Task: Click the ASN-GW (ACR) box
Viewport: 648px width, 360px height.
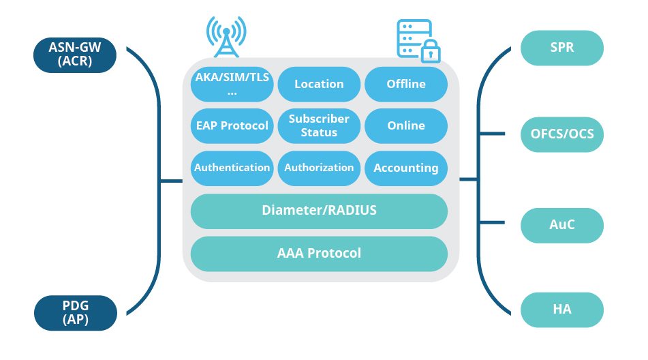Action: click(x=74, y=55)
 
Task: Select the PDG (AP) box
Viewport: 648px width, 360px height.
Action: click(x=74, y=312)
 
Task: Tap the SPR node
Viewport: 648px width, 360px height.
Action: click(x=561, y=48)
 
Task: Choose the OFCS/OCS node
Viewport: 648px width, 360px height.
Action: click(x=561, y=134)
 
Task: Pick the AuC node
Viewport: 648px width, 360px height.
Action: click(x=561, y=225)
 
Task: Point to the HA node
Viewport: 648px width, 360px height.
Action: click(x=561, y=310)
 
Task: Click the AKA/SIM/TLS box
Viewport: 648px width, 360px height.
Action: click(x=232, y=84)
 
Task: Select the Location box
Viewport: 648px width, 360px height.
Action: click(x=319, y=84)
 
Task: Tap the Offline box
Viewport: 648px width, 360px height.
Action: click(x=406, y=84)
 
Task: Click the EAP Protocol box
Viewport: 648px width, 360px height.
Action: click(x=232, y=125)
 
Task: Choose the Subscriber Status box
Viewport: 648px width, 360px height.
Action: click(x=319, y=125)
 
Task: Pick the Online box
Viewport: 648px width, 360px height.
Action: click(x=406, y=125)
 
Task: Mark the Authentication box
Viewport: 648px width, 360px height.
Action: click(x=232, y=168)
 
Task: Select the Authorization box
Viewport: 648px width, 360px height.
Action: click(x=319, y=168)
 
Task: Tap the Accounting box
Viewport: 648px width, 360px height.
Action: click(x=406, y=168)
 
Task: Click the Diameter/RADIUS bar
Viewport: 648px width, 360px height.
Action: click(x=319, y=211)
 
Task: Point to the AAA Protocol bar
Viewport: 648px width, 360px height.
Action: click(x=319, y=254)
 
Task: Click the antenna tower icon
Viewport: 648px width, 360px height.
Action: click(x=226, y=37)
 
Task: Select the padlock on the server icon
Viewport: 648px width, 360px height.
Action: click(x=430, y=52)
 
